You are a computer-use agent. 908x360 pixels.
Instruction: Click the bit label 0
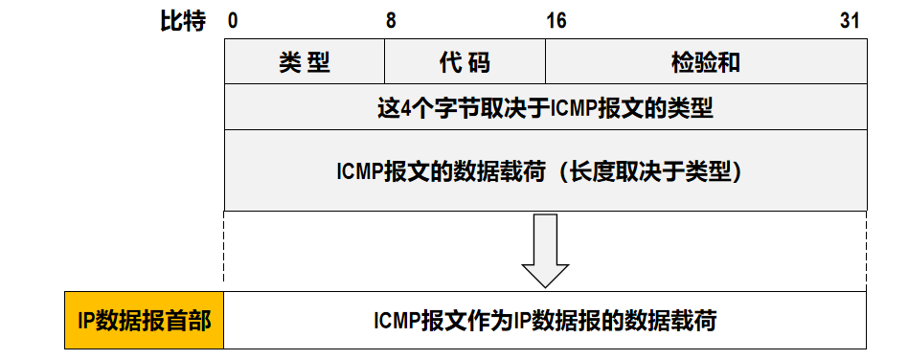(232, 21)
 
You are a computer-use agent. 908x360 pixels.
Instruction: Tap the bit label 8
(392, 21)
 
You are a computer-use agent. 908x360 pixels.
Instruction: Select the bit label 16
(556, 21)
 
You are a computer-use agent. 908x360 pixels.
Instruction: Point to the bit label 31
(850, 21)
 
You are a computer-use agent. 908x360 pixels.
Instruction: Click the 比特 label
(183, 21)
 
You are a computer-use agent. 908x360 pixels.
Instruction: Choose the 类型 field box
(305, 61)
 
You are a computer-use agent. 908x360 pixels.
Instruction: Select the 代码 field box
(465, 61)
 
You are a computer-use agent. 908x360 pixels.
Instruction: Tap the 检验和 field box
(707, 61)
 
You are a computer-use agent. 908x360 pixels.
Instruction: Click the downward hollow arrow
(546, 251)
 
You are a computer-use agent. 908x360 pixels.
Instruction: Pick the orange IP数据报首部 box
(145, 320)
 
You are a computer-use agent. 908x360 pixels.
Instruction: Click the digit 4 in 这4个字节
(405, 108)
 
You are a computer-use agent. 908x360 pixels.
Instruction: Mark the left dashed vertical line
(224, 251)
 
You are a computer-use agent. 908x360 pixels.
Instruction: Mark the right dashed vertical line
(867, 251)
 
